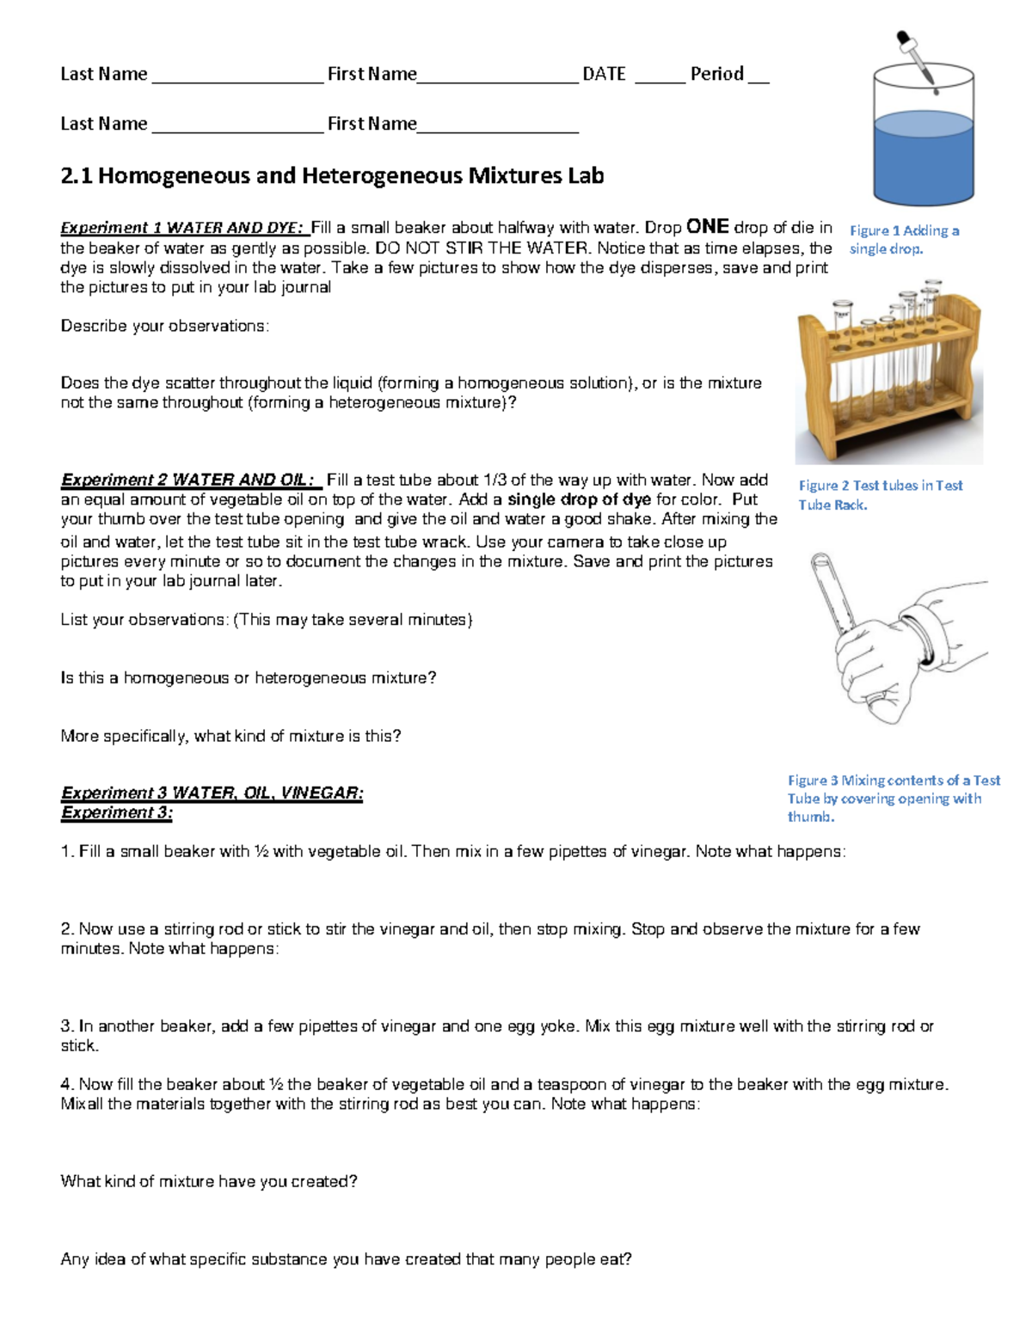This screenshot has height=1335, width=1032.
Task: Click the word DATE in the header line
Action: (604, 74)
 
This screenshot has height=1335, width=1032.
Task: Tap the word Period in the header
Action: (716, 74)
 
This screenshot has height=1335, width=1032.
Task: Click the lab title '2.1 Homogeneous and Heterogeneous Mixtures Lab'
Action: (332, 175)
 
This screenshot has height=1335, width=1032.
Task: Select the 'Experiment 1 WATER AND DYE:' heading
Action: (183, 228)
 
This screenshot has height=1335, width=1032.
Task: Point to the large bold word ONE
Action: (708, 227)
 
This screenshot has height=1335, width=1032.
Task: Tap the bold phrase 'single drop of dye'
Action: (579, 499)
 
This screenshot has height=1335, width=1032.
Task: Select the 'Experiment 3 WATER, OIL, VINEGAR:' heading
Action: (212, 793)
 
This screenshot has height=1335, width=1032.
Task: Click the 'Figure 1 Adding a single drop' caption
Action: (903, 240)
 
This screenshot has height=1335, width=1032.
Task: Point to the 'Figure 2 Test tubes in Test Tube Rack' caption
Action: (880, 495)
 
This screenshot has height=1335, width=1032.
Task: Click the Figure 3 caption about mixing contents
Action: (893, 798)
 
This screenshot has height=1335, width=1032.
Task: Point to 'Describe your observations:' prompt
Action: (164, 326)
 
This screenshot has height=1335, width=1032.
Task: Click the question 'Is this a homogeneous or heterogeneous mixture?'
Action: (249, 678)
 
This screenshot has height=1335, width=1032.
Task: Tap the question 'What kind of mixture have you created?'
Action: (209, 1181)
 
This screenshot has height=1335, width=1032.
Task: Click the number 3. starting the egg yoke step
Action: (67, 1026)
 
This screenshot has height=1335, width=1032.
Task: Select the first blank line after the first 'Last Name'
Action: (237, 77)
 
